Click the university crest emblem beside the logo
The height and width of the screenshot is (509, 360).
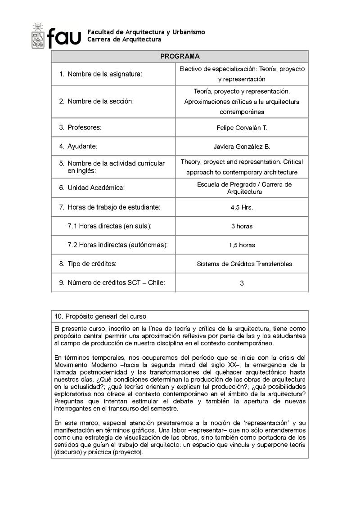point(38,36)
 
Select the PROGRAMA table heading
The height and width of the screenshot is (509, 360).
point(180,57)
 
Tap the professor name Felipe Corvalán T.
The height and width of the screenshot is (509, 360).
point(242,128)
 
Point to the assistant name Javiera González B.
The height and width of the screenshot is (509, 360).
point(242,147)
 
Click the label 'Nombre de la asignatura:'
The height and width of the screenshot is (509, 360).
point(104,74)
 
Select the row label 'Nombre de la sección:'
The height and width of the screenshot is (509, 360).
point(101,101)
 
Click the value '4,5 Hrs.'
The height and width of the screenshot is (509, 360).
point(242,207)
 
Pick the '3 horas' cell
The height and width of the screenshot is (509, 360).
point(242,226)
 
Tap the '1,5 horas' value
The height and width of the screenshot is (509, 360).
point(242,245)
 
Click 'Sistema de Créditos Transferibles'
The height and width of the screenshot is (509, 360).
point(244,264)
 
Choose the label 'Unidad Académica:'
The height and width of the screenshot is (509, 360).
point(96,188)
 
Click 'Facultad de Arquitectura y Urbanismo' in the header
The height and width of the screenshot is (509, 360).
point(146,32)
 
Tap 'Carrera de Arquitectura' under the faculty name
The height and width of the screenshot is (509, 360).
point(124,40)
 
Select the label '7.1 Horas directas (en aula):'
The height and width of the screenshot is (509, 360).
point(109,226)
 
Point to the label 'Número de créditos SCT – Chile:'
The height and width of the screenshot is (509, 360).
point(116,282)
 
